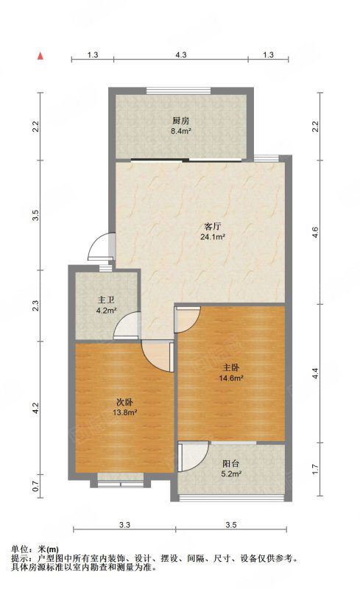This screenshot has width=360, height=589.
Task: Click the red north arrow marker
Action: point(40,57)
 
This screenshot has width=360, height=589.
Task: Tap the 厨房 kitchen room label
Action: point(180,121)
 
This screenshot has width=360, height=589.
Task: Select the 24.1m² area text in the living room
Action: point(213,236)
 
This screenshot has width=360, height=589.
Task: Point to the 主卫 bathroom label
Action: point(106,300)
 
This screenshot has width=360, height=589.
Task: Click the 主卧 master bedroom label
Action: point(230,367)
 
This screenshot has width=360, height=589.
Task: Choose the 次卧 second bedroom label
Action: point(124,402)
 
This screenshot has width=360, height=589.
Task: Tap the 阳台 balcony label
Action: point(230,464)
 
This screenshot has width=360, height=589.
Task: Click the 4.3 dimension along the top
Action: point(181,54)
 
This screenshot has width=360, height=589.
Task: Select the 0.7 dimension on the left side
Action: point(35,487)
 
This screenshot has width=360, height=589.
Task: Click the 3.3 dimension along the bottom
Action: point(124,525)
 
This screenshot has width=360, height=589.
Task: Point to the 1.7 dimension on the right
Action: point(315,469)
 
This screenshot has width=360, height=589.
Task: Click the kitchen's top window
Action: point(178,91)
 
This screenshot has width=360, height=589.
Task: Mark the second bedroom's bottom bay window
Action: point(121,484)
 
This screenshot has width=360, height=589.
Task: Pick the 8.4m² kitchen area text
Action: point(181,131)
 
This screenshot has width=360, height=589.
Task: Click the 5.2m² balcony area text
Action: point(231,473)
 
